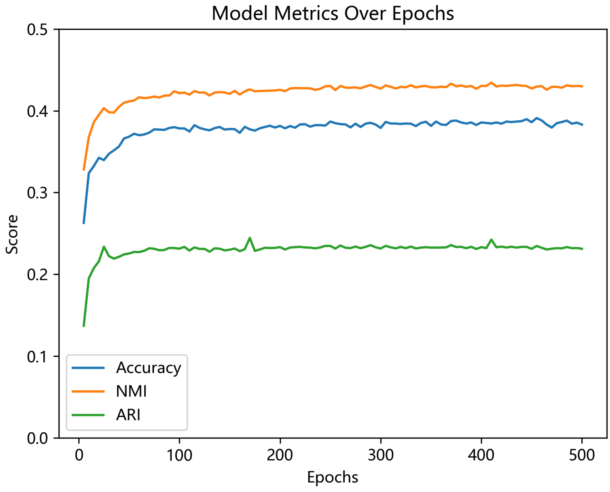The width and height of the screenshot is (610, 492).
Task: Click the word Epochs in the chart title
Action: click(x=423, y=14)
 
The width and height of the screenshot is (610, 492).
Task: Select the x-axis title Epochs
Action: click(x=332, y=477)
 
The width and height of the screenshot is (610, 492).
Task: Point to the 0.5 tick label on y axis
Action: click(x=37, y=30)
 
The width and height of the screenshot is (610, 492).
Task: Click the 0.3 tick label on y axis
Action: click(x=37, y=193)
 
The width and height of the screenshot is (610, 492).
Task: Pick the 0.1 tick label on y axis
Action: click(x=37, y=356)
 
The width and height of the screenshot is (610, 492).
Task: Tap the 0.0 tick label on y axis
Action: click(x=37, y=438)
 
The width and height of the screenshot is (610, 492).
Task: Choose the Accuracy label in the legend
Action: click(x=148, y=368)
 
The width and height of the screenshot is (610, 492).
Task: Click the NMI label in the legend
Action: click(x=131, y=392)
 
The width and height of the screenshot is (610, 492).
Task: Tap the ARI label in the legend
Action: click(x=128, y=415)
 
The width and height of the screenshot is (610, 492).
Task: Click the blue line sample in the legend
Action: click(x=88, y=368)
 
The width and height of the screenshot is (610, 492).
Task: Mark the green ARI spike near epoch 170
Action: click(x=249, y=238)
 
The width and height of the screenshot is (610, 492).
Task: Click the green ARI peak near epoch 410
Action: click(x=491, y=239)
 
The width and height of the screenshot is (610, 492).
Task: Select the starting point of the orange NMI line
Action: click(x=84, y=170)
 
